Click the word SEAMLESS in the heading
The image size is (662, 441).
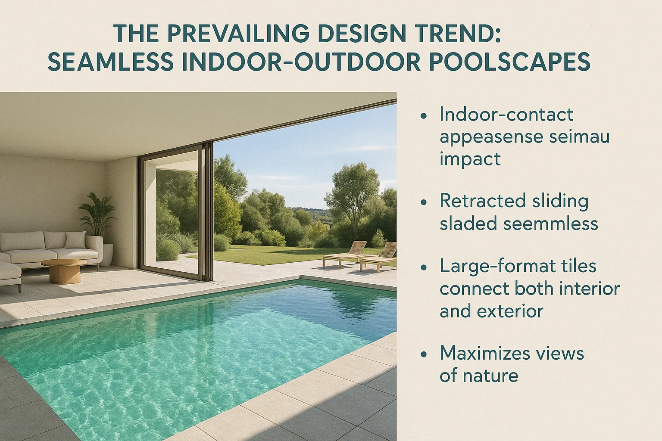110,62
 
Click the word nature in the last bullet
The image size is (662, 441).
491,376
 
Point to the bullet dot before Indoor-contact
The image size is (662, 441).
424,115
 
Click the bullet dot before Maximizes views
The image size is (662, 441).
424,354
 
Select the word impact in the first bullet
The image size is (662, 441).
470,159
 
